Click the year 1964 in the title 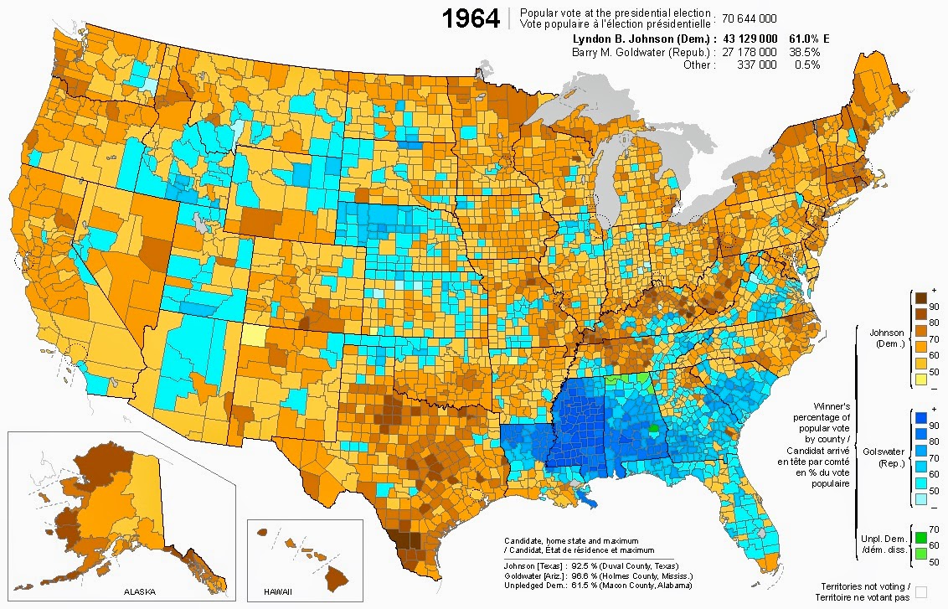pos(471,19)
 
